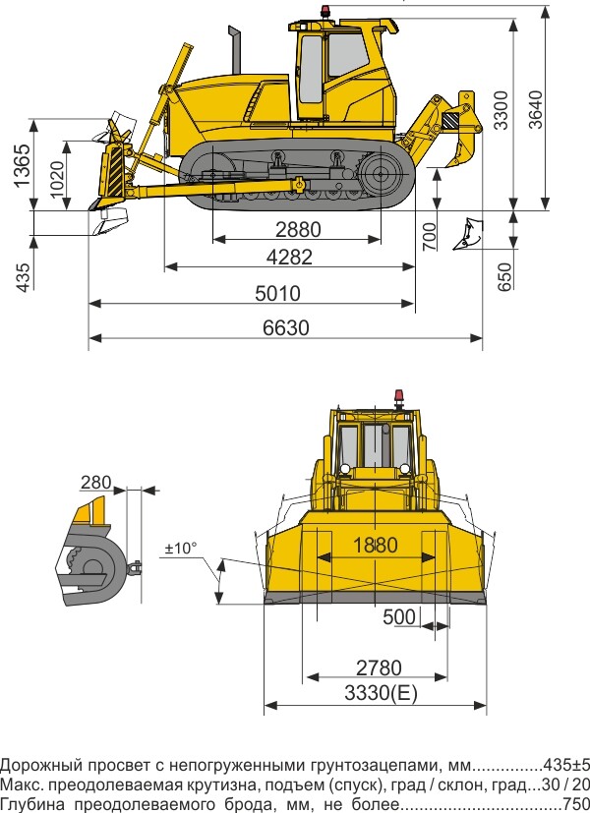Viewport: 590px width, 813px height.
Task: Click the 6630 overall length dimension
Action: pyautogui.click(x=286, y=327)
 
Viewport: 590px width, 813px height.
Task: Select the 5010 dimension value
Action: pyautogui.click(x=278, y=294)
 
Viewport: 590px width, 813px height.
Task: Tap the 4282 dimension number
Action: pyautogui.click(x=290, y=257)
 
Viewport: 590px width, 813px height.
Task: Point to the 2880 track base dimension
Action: pyautogui.click(x=298, y=229)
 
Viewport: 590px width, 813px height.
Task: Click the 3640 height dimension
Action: pyautogui.click(x=535, y=110)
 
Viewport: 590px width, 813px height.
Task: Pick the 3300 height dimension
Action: pyautogui.click(x=501, y=110)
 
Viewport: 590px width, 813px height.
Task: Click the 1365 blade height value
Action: pyautogui.click(x=23, y=165)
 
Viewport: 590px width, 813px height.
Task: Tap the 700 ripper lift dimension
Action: pyautogui.click(x=430, y=237)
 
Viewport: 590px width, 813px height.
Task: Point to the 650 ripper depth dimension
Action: pyautogui.click(x=503, y=276)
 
